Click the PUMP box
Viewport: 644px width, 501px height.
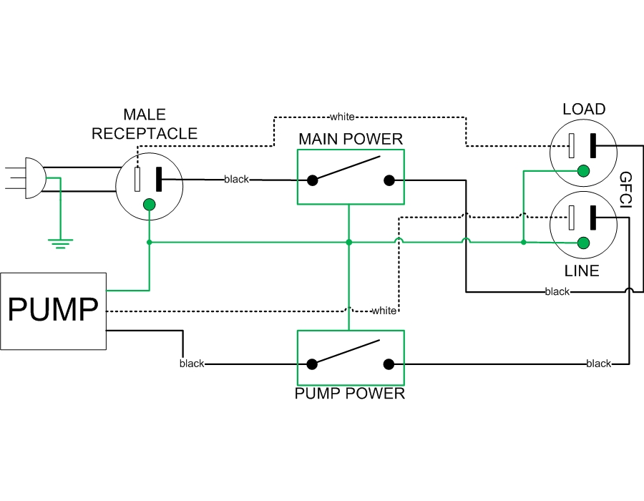tap(53, 311)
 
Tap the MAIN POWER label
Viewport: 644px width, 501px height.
tap(351, 138)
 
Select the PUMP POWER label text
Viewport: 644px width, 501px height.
tap(350, 394)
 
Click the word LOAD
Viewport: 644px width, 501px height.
tap(584, 110)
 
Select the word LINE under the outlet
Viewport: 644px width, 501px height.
tap(581, 271)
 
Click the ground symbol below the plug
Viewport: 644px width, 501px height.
tap(61, 243)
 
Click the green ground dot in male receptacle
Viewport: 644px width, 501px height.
tap(149, 205)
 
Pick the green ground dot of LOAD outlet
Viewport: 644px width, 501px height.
tap(583, 170)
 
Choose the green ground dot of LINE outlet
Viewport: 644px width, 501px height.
tap(583, 243)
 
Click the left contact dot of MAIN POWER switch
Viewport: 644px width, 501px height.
tap(313, 180)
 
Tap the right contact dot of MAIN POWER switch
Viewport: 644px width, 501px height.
tap(389, 180)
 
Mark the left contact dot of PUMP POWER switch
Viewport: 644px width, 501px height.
tap(313, 364)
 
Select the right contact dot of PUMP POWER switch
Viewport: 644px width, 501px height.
tap(389, 364)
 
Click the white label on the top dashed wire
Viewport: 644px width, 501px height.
tap(342, 116)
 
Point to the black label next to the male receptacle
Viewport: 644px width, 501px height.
tap(236, 179)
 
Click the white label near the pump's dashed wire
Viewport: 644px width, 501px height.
tap(384, 311)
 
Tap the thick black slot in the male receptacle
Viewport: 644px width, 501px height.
tap(159, 179)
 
